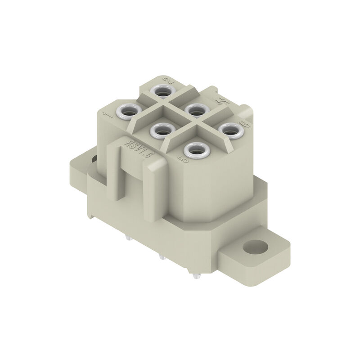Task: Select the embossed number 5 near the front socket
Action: coord(182,159)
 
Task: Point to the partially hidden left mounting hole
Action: coord(94,158)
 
